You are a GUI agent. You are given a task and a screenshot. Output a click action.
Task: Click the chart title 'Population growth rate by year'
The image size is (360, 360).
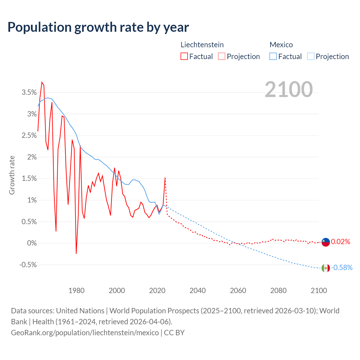(98, 27)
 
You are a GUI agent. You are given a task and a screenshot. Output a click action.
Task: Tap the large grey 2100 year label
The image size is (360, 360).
(289, 89)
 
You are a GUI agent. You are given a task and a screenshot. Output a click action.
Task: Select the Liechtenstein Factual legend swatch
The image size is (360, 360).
(184, 56)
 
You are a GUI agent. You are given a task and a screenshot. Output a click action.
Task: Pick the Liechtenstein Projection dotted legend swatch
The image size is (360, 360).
(222, 56)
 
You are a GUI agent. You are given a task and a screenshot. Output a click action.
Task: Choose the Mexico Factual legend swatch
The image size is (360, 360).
(273, 56)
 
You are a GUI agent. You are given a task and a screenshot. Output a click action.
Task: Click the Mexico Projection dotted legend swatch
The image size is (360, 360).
(310, 56)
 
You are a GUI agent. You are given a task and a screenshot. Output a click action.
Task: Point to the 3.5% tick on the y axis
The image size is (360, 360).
(29, 93)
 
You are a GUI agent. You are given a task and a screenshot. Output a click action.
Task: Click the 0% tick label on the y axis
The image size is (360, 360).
(32, 243)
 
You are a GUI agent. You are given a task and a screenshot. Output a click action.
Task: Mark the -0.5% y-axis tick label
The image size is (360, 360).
(28, 265)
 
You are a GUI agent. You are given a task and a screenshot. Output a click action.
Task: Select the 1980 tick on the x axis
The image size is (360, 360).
(76, 291)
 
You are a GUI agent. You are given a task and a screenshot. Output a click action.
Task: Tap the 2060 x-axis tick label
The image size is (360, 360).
(238, 291)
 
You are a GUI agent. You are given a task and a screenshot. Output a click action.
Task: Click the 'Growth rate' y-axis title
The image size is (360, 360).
(12, 175)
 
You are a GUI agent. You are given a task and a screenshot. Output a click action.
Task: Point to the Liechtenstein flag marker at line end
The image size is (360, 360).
(326, 242)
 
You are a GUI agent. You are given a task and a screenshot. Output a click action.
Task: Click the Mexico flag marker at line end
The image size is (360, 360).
(326, 268)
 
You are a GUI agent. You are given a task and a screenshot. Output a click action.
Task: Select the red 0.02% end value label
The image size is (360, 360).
(341, 242)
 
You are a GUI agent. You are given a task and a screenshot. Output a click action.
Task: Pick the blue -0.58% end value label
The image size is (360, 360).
(342, 268)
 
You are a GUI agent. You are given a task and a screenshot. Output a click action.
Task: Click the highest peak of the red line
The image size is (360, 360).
(42, 82)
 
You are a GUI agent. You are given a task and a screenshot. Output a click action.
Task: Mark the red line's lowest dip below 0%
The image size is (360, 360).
(76, 253)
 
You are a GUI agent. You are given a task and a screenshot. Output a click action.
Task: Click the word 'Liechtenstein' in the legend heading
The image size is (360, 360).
(202, 45)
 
